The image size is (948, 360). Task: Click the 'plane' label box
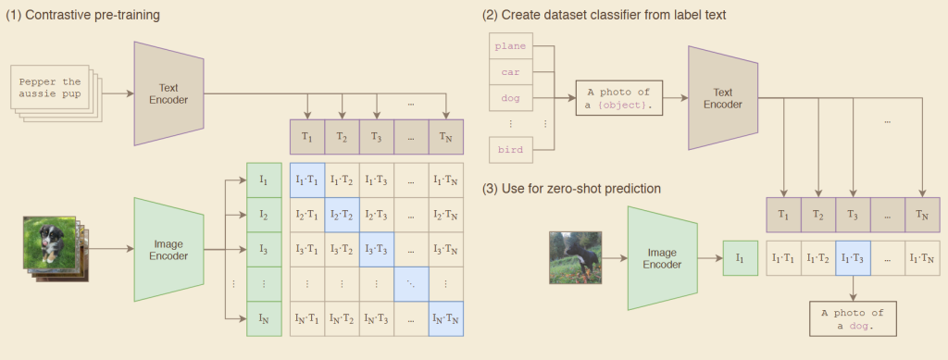pos(511,46)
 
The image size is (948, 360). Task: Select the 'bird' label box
pos(511,150)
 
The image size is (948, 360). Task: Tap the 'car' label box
pos(511,72)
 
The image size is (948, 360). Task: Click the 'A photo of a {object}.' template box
pos(619,98)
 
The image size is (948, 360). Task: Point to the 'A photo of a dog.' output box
pos(853,318)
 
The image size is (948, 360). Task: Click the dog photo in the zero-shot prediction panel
pos(575,257)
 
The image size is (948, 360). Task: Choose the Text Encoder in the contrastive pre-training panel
pos(168,93)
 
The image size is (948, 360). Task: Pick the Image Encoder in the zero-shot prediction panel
pos(663,258)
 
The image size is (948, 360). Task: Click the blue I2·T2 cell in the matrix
pos(343,215)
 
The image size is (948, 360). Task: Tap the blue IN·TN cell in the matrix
pos(446,318)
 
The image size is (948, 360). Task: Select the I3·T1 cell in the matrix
pos(307,249)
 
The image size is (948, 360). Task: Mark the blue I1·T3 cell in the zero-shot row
pos(853,258)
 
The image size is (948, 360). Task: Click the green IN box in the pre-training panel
pos(264,318)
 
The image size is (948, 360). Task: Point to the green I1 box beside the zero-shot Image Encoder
pos(740,258)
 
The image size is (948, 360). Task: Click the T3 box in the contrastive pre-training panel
pos(377,137)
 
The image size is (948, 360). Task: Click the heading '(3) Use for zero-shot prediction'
pos(571,189)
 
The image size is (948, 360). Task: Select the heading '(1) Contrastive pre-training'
pos(82,16)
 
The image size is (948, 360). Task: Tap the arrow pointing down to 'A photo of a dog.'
pos(853,288)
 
